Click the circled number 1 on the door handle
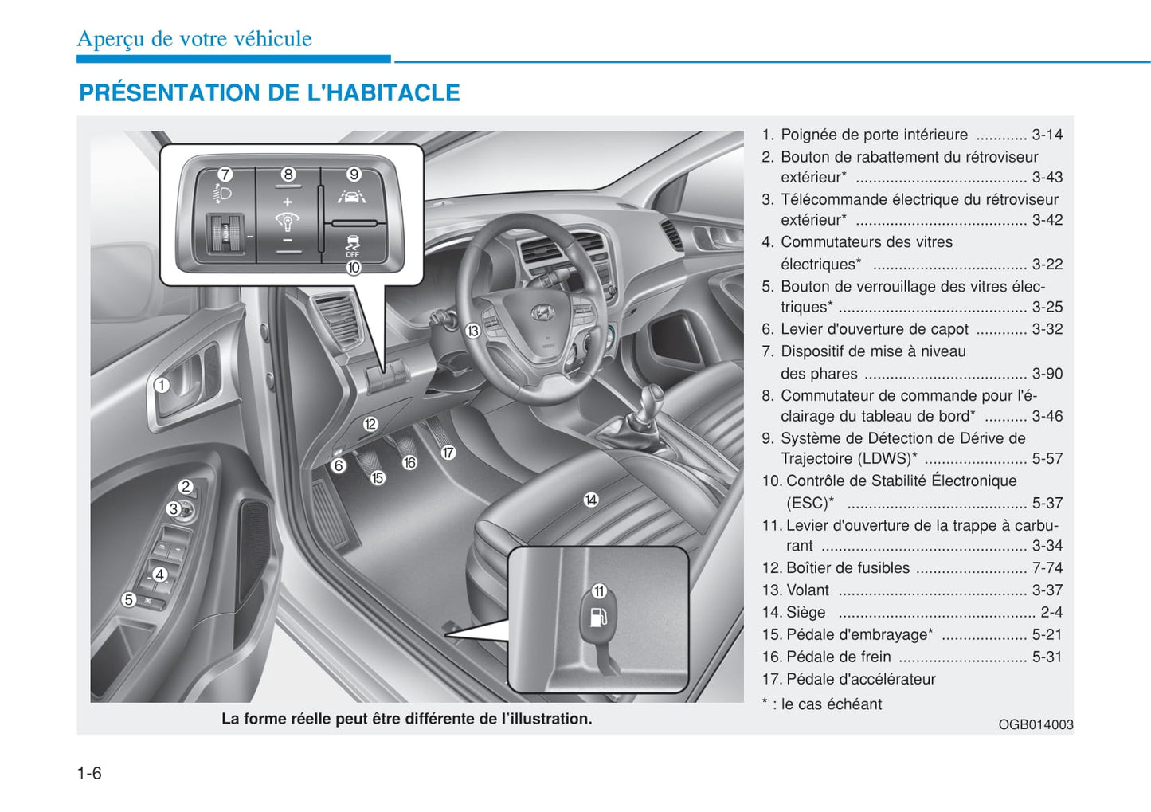pos(162,386)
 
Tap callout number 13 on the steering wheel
pos(472,331)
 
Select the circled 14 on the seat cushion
pos(590,500)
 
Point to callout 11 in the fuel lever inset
pos(599,591)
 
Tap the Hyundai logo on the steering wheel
pos(542,312)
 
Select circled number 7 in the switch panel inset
pos(225,175)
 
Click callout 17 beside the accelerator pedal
pos(448,453)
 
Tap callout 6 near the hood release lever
pos(339,465)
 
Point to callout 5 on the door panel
pos(129,599)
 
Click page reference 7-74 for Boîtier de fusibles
pos(1047,568)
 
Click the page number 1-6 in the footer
pos(89,773)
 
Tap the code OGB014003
pos(1036,724)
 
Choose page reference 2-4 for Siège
pos(1051,613)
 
